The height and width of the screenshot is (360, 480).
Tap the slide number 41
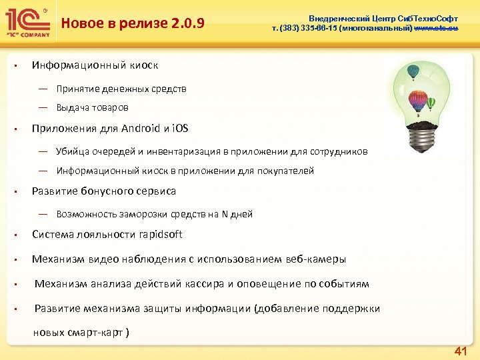click(x=459, y=351)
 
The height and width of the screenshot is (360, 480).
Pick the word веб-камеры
click(x=315, y=259)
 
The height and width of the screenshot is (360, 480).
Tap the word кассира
click(x=203, y=284)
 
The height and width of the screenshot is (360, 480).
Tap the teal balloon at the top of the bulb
click(x=413, y=70)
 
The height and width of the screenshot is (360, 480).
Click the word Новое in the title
click(x=79, y=25)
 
